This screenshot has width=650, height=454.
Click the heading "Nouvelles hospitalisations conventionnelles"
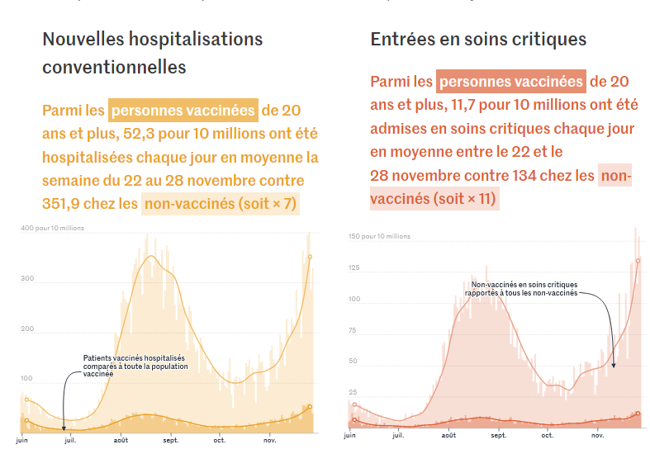coord(153,52)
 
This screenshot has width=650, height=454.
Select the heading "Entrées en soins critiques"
coord(478,39)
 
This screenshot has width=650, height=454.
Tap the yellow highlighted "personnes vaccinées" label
coord(183,111)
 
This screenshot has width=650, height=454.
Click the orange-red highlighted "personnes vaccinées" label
coord(510,82)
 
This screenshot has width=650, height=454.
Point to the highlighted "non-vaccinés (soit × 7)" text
coord(221,205)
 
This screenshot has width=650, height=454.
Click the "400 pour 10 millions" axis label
coord(52,228)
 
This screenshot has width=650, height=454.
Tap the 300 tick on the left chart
coord(27,278)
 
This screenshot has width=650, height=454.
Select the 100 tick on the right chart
coord(353,299)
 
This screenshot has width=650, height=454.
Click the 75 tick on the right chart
coord(353,330)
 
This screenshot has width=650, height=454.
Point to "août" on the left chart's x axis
coord(121,440)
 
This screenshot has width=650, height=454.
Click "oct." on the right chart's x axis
coord(547,434)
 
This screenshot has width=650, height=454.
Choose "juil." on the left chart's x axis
coord(71,440)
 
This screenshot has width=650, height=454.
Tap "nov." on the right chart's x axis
coord(596,434)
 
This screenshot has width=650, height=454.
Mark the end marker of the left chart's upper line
coord(310,257)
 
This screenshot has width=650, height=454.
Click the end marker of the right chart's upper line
coord(638,261)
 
